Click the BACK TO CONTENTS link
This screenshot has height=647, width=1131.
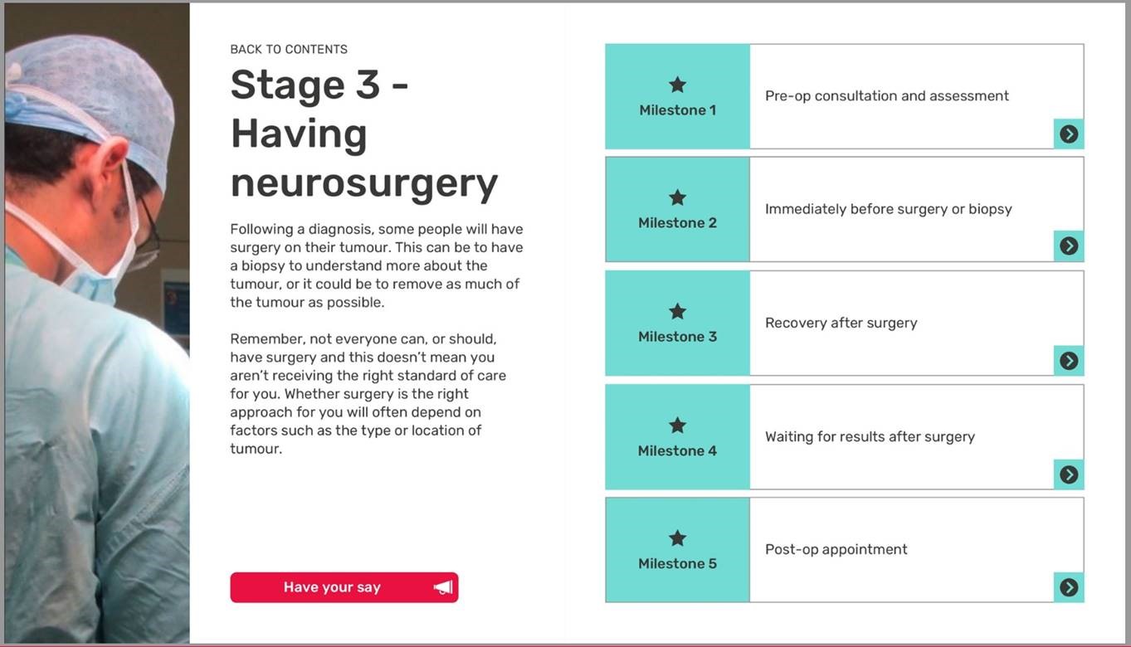[289, 50]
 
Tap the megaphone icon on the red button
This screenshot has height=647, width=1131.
[443, 587]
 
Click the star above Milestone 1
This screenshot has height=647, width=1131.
[678, 85]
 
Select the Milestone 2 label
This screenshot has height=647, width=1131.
[678, 222]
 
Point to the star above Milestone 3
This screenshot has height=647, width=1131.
[678, 311]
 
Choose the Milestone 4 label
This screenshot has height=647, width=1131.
[678, 450]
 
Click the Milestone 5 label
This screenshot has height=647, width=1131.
[678, 563]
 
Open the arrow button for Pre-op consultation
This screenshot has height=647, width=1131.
[1069, 134]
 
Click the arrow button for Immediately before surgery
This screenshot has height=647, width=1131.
[1069, 246]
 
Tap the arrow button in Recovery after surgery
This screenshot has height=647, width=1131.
[1069, 360]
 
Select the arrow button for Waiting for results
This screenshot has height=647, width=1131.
[1069, 474]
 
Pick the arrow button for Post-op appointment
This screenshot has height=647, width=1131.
[1069, 587]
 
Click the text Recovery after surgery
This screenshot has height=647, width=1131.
[841, 323]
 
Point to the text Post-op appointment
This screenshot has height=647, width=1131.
[836, 549]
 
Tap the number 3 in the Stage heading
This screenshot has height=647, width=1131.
[368, 85]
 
